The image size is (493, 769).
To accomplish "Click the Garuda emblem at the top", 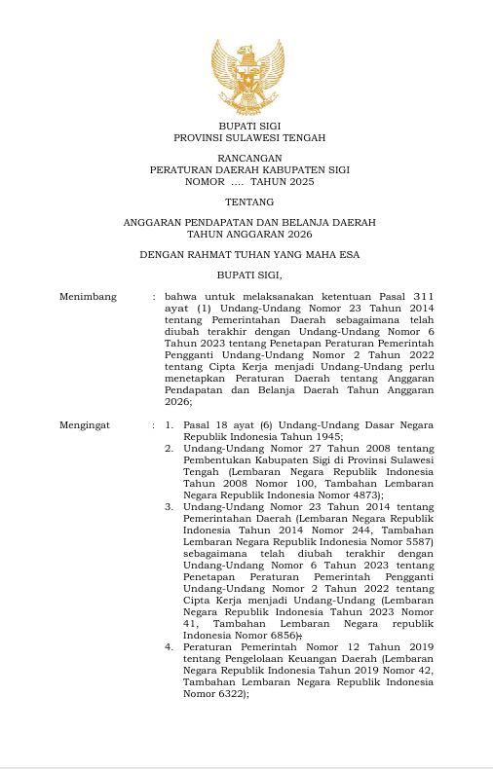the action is [247, 77].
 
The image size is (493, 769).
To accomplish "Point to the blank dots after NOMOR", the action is [237, 181].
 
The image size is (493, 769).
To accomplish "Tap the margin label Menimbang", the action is [88, 296].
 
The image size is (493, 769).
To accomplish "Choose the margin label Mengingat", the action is [85, 425].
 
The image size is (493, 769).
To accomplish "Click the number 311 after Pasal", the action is [421, 296].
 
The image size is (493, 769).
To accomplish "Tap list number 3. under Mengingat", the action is [169, 506].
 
